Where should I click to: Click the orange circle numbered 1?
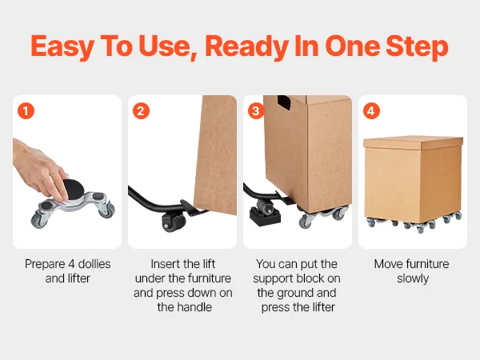26,111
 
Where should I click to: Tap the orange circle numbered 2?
141,111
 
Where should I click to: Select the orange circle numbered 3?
256,111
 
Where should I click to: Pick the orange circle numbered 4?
371,111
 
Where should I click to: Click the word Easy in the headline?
62,46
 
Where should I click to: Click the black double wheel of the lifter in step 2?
174,221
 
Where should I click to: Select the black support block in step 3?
265,215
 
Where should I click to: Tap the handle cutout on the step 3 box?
284,102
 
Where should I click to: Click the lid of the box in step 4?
413,143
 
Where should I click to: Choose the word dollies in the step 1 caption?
94,263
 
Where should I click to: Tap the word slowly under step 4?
413,278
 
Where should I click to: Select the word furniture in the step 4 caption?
425,263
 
